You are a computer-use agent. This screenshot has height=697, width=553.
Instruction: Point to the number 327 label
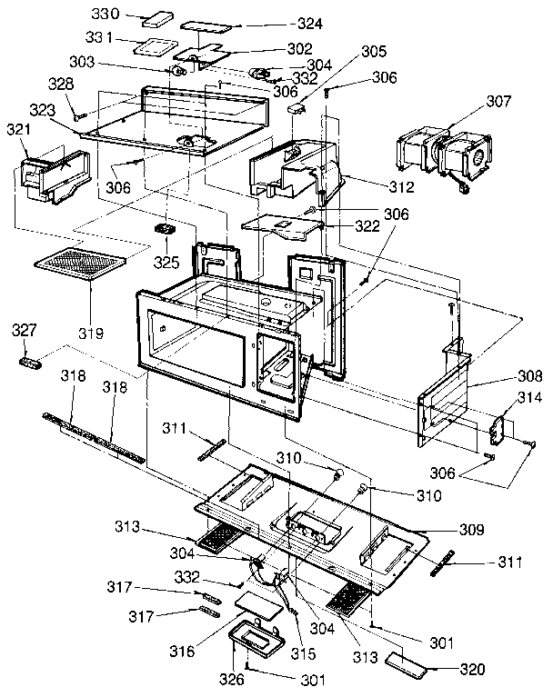coord(25,331)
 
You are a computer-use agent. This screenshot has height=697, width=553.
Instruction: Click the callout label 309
coord(471,528)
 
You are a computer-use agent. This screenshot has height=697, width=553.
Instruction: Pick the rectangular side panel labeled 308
coord(446,403)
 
